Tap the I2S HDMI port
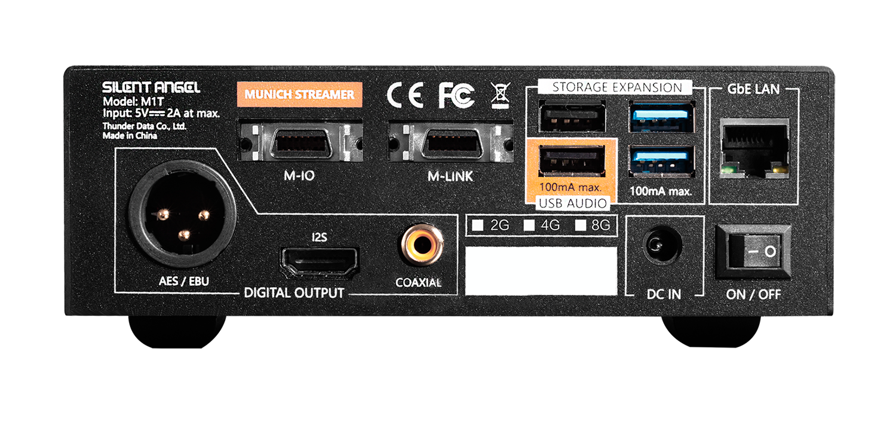click(x=320, y=261)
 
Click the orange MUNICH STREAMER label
click(x=299, y=94)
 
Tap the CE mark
click(x=405, y=95)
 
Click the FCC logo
click(x=456, y=95)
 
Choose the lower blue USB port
click(x=661, y=162)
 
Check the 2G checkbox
click(x=477, y=226)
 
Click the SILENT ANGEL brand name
click(x=151, y=87)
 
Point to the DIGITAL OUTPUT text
click(x=294, y=293)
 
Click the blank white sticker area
click(x=541, y=270)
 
